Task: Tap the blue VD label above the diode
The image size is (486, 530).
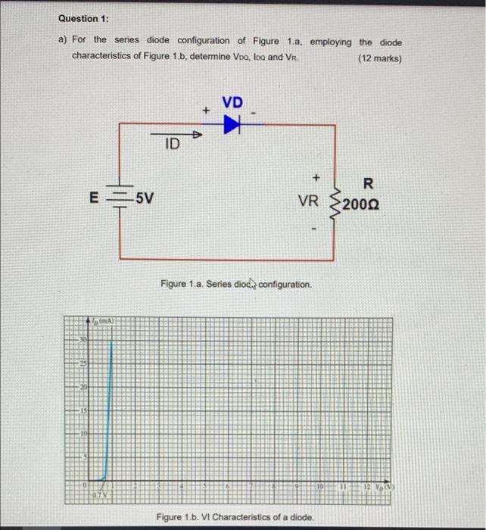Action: click(233, 102)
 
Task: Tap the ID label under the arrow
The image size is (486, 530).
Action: click(172, 144)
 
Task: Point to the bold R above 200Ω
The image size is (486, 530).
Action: click(368, 183)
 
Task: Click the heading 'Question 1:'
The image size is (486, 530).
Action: click(82, 18)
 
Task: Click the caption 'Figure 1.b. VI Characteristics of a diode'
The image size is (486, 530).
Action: click(235, 516)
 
